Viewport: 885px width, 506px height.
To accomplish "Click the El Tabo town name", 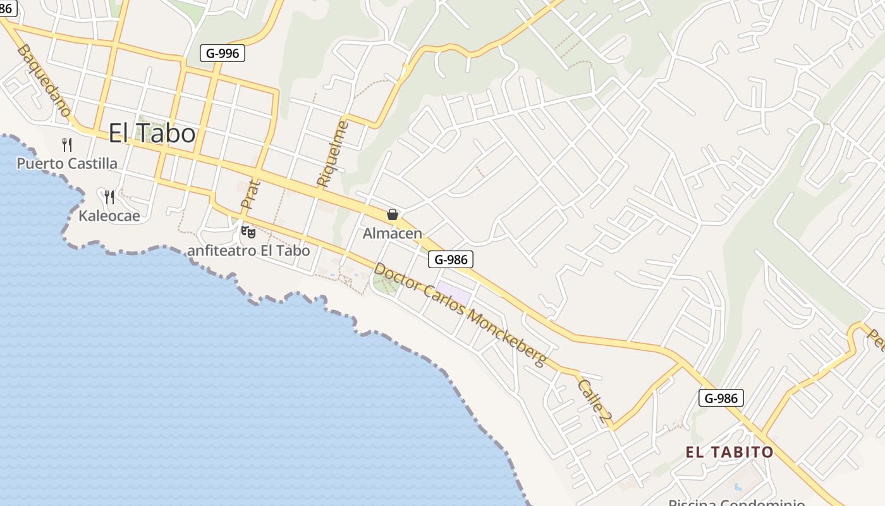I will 152,133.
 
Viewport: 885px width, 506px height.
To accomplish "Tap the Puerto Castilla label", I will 67,164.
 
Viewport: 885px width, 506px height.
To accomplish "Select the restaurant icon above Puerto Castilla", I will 67,145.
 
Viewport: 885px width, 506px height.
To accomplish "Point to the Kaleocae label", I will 109,216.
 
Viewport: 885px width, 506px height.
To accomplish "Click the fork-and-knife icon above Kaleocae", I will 109,197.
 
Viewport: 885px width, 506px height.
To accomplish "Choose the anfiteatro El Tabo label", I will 248,250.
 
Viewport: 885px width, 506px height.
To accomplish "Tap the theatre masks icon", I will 248,232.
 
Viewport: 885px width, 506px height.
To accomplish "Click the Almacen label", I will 392,233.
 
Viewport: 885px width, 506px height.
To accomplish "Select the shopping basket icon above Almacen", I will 393,214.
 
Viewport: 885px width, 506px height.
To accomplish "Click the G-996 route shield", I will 223,53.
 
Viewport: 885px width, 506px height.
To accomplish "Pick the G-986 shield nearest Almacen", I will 451,259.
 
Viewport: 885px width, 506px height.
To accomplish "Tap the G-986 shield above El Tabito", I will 721,398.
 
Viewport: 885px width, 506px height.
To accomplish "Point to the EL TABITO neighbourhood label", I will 729,452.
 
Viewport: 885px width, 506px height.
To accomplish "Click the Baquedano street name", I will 45,80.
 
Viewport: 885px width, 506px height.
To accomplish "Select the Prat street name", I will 250,195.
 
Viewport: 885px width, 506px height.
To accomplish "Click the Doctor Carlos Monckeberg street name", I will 459,314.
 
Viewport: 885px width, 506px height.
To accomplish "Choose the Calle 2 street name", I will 595,398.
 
